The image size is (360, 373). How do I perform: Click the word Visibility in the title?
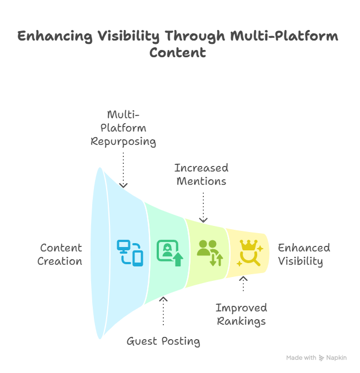click(128, 37)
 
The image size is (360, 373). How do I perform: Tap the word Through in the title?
click(195, 37)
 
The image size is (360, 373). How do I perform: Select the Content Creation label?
click(60, 254)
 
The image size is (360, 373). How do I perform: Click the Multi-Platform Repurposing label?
click(123, 128)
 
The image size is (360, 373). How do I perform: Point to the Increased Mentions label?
click(202, 174)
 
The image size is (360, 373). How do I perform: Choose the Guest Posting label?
click(163, 341)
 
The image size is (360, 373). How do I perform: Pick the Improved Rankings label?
click(242, 315)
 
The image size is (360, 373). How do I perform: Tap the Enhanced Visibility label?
click(304, 255)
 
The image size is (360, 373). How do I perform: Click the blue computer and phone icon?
click(130, 253)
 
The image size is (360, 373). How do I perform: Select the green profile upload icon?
click(170, 253)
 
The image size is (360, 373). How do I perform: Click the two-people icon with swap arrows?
click(210, 253)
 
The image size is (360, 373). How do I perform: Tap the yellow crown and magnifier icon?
click(250, 253)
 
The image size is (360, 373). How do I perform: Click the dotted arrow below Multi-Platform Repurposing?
click(123, 170)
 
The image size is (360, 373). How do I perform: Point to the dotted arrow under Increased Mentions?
click(203, 208)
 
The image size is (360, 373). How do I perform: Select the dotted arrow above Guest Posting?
click(163, 311)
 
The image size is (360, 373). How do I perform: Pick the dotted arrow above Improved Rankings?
click(243, 284)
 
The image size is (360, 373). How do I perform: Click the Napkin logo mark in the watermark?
click(322, 358)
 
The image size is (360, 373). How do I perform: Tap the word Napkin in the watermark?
click(337, 358)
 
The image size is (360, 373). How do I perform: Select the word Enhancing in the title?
click(55, 37)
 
